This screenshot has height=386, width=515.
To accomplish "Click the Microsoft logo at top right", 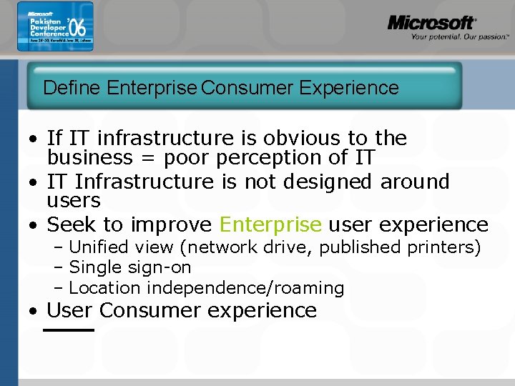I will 431,22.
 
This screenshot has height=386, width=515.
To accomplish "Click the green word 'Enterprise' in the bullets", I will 270,224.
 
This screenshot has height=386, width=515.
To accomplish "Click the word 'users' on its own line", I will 74,200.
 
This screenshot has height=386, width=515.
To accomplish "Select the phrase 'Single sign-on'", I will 130,267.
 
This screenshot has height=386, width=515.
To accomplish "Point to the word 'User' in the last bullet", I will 70,310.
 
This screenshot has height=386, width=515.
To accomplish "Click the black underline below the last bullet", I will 69,330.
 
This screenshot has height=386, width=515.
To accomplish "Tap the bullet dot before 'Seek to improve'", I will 34,225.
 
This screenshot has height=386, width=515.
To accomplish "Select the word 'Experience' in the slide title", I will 349,88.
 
